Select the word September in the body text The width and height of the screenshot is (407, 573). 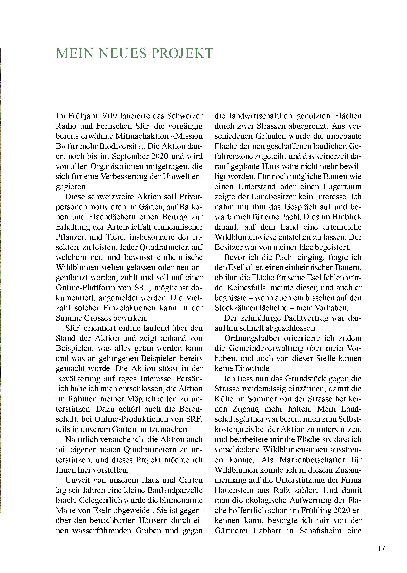point(129,156)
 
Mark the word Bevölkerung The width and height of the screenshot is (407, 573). point(77,379)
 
